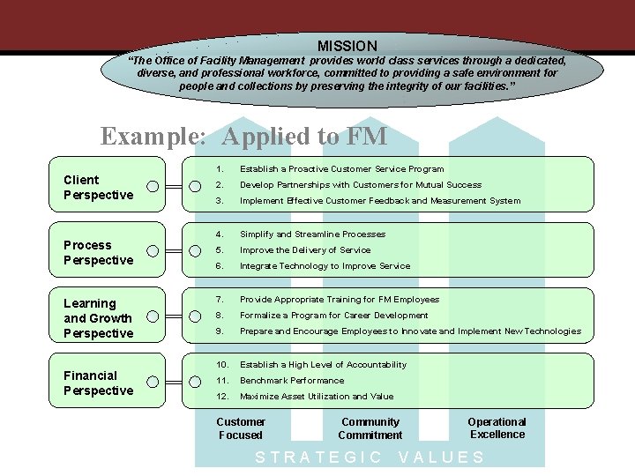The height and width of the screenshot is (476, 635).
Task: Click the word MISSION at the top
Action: point(347,45)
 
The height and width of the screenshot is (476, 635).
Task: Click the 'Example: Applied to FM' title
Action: point(243,136)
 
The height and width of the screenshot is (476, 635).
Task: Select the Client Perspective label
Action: point(99,187)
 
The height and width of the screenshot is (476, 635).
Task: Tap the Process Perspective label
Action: point(99,252)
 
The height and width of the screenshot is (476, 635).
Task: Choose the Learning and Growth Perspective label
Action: point(98,318)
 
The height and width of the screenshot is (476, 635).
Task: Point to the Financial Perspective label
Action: point(99,383)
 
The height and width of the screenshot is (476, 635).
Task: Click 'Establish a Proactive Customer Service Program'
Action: point(342,169)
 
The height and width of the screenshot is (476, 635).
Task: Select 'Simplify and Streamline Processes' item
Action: point(312,234)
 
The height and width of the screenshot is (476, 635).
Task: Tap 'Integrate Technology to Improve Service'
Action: point(325,266)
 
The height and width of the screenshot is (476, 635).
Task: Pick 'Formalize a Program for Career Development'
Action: point(334,316)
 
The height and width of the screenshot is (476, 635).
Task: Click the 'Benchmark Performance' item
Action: point(292,381)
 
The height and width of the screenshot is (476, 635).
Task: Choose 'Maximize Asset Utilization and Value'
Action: point(317,397)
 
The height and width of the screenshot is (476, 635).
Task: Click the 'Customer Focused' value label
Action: point(241,428)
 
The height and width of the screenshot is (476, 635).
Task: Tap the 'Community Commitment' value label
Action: point(370,428)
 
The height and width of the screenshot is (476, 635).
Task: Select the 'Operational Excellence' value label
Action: point(497,428)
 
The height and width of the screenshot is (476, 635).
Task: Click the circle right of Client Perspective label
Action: point(153,186)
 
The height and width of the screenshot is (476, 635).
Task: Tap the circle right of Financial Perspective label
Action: point(153,382)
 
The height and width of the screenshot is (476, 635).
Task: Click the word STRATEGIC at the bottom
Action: point(318,457)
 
